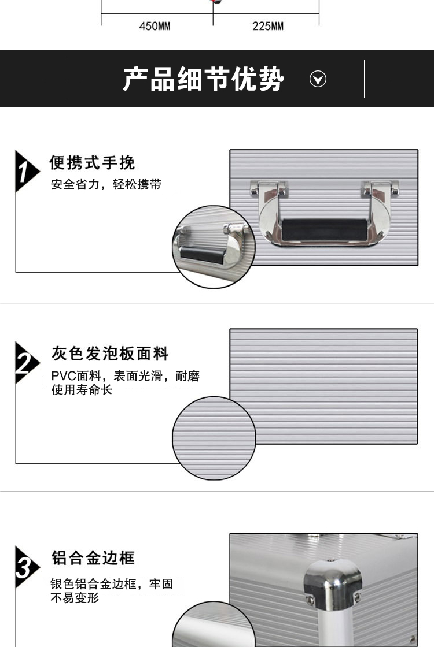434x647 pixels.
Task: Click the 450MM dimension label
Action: (x=155, y=26)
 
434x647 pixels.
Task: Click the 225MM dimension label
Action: (x=268, y=26)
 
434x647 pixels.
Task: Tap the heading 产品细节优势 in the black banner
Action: (x=203, y=79)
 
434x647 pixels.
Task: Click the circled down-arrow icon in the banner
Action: (x=318, y=79)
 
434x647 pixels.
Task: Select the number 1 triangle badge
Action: (x=25, y=171)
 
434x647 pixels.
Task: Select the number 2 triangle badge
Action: (x=25, y=363)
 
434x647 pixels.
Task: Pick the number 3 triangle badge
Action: (x=25, y=567)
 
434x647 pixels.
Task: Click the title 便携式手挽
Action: (x=92, y=162)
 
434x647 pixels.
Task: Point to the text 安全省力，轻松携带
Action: (x=106, y=184)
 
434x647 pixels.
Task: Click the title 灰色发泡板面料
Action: (x=110, y=354)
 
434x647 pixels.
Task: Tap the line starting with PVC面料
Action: (x=126, y=376)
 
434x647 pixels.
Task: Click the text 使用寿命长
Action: (x=82, y=389)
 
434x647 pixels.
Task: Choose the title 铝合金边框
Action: (x=93, y=557)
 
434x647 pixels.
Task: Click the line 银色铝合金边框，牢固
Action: (x=112, y=584)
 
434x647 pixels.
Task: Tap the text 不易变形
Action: (x=75, y=597)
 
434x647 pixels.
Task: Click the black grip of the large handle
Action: (x=324, y=229)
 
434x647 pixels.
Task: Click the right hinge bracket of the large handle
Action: (x=380, y=188)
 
